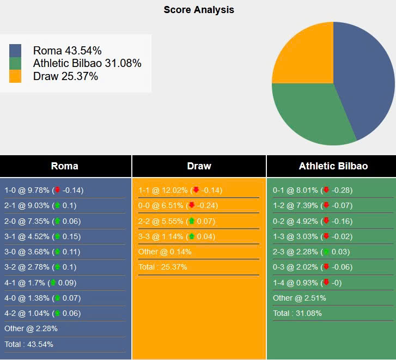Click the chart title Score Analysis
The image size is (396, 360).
pyautogui.click(x=199, y=10)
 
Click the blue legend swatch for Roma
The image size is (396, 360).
pyautogui.click(x=15, y=51)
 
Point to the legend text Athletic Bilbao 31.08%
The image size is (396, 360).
pyautogui.click(x=87, y=63)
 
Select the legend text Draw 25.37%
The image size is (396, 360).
pyautogui.click(x=65, y=76)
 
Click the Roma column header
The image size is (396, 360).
pyautogui.click(x=65, y=166)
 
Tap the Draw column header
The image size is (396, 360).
pyautogui.click(x=199, y=166)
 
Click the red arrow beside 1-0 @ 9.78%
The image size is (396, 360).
pyautogui.click(x=57, y=190)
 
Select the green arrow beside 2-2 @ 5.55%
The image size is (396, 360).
pyautogui.click(x=191, y=221)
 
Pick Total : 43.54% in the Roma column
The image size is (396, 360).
pyautogui.click(x=29, y=344)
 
